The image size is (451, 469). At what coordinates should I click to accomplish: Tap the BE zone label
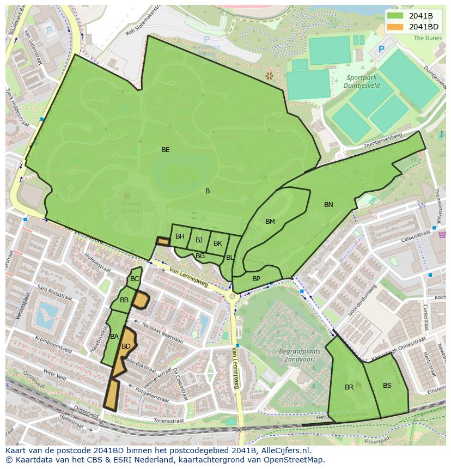click(x=165, y=149)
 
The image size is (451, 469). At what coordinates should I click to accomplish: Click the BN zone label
click(x=328, y=205)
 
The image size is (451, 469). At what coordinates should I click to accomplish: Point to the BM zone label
click(x=270, y=222)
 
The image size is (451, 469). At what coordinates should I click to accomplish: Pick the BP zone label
click(x=256, y=279)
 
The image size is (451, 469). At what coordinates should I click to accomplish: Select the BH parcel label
click(x=180, y=236)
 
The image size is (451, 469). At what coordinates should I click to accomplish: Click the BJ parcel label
click(x=199, y=240)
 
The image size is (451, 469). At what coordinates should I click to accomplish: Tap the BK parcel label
click(x=217, y=243)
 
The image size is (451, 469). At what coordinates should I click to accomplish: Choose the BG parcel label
click(x=200, y=256)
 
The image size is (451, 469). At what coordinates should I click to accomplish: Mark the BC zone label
click(x=135, y=279)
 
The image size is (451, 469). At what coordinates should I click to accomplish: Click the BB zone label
click(x=124, y=300)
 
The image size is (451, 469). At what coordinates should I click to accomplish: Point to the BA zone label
click(x=114, y=337)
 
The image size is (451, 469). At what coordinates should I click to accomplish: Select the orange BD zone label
click(x=126, y=346)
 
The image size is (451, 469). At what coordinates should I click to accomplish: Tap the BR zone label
click(x=349, y=387)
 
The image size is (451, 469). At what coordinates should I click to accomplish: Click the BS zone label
click(x=387, y=386)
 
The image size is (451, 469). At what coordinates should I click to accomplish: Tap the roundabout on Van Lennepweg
click(x=233, y=296)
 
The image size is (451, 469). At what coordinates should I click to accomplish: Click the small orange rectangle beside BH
click(x=163, y=241)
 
